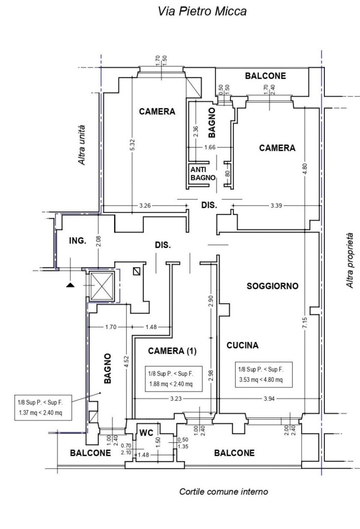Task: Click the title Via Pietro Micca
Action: tap(202, 11)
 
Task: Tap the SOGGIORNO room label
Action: tap(273, 286)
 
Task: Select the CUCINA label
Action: tap(243, 345)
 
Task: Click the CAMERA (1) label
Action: tap(172, 351)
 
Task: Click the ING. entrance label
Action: tap(77, 241)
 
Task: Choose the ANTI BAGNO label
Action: tap(203, 174)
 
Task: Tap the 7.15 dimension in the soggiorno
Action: tap(305, 323)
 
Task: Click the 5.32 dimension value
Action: tap(133, 145)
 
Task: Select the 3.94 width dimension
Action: tap(269, 398)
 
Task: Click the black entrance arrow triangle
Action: tap(70, 285)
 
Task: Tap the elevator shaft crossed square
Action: tap(102, 286)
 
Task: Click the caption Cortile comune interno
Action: tap(224, 492)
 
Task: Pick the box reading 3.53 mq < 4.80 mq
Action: tap(263, 375)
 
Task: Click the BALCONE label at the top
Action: tap(265, 76)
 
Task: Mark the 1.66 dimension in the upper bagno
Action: tap(210, 147)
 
